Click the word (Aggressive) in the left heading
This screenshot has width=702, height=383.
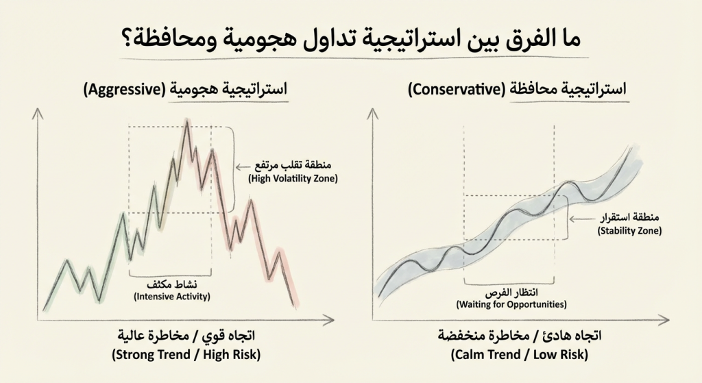[120, 89]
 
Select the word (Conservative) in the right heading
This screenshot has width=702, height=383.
[455, 89]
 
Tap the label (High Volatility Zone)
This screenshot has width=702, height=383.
[293, 179]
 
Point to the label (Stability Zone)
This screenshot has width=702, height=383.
[630, 231]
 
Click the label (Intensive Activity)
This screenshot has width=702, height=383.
[171, 297]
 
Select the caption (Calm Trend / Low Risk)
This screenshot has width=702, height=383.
[520, 355]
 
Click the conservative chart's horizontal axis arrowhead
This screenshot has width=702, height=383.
[666, 319]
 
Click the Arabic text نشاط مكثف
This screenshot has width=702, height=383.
[171, 284]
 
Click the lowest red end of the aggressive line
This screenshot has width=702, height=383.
[295, 305]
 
